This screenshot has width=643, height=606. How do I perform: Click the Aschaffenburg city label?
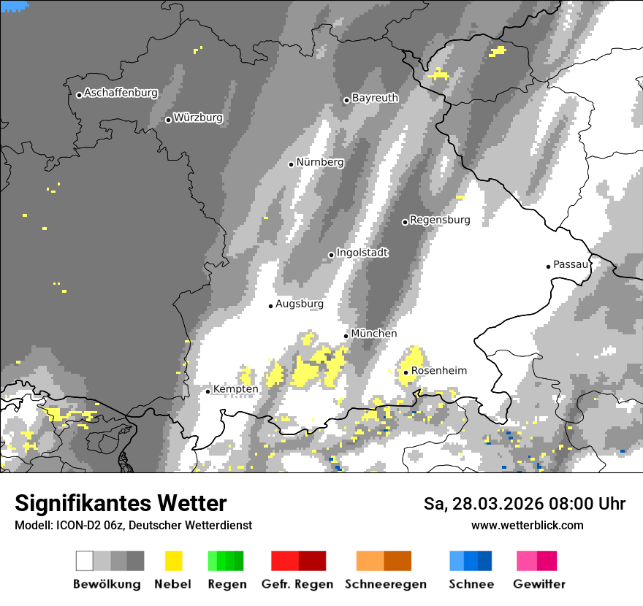click(121, 93)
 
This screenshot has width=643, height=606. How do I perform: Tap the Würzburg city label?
click(198, 118)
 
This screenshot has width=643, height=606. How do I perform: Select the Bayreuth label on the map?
click(375, 98)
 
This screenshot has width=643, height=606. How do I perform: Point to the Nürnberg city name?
click(320, 163)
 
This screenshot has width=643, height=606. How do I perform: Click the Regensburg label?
click(440, 220)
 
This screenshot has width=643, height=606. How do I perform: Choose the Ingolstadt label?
click(362, 253)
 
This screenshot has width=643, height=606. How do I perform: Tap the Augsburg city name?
click(300, 304)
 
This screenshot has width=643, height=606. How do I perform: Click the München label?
click(374, 334)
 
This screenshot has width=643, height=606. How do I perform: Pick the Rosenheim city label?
click(438, 371)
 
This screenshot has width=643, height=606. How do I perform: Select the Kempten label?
click(235, 390)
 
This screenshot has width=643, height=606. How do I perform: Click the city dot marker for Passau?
click(548, 266)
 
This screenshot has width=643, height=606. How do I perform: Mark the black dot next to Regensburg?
click(405, 222)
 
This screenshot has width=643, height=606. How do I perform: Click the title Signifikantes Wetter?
click(121, 504)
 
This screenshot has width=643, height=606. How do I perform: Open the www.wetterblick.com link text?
click(527, 526)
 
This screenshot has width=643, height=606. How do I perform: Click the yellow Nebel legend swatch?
click(173, 561)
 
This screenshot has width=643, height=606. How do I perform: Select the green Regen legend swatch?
click(226, 561)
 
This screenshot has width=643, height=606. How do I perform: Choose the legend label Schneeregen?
click(386, 584)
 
